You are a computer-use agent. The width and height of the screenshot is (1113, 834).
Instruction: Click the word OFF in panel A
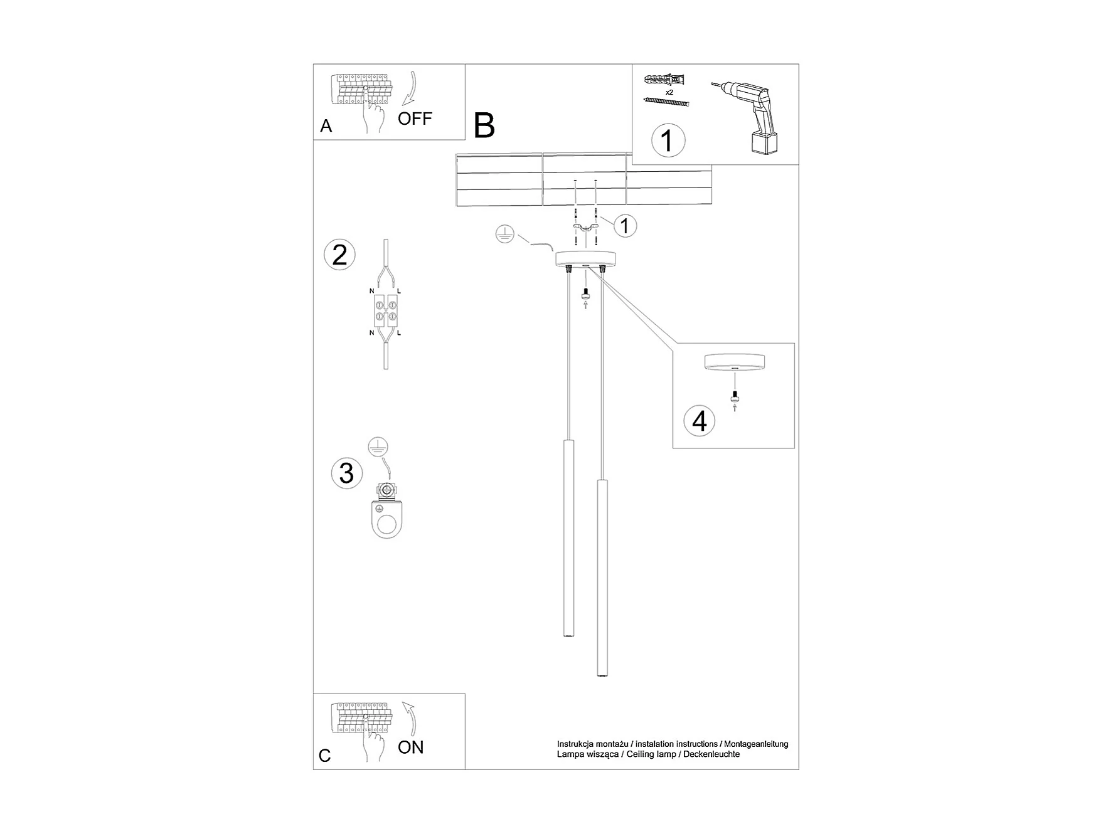[x=415, y=119]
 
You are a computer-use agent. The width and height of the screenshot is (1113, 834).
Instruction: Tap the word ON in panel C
[x=411, y=747]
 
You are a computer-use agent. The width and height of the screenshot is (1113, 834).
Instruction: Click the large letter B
[x=484, y=125]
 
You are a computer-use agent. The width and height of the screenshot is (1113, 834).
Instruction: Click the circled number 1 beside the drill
[x=668, y=140]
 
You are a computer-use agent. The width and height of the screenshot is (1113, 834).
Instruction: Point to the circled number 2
[x=339, y=255]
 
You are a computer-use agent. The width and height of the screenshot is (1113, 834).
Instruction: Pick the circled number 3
[x=346, y=473]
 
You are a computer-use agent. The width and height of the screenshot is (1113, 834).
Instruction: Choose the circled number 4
[x=700, y=421]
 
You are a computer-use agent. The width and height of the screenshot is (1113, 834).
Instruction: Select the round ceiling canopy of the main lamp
[x=585, y=258]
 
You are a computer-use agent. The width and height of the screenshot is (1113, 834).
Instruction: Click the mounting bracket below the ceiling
[x=585, y=227]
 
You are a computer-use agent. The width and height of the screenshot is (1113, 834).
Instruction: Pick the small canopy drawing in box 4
[x=734, y=363]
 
